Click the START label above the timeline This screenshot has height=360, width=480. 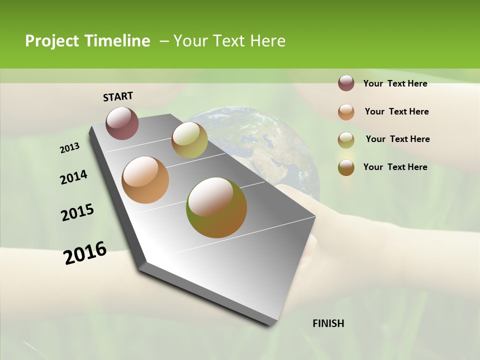click(x=118, y=96)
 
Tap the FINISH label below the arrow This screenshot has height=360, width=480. click(x=328, y=323)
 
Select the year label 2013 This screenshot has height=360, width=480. click(x=70, y=148)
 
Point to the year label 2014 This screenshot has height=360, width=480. click(x=73, y=177)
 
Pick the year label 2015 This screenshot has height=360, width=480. click(x=77, y=212)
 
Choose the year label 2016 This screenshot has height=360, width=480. click(x=85, y=253)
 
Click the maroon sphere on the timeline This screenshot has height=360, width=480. click(x=122, y=123)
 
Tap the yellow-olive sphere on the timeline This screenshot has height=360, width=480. click(x=189, y=139)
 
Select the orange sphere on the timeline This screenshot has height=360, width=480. click(x=145, y=180)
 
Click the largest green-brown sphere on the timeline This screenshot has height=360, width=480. click(x=216, y=207)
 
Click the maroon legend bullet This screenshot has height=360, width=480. click(x=346, y=83)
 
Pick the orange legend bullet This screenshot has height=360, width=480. click(x=346, y=112)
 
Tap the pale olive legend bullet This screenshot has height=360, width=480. click(x=346, y=140)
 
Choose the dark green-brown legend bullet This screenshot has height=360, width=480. click(x=346, y=167)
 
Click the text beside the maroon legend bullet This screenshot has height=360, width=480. click(x=395, y=84)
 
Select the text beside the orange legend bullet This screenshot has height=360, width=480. click(x=396, y=111)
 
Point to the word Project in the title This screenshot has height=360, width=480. click(x=52, y=41)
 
